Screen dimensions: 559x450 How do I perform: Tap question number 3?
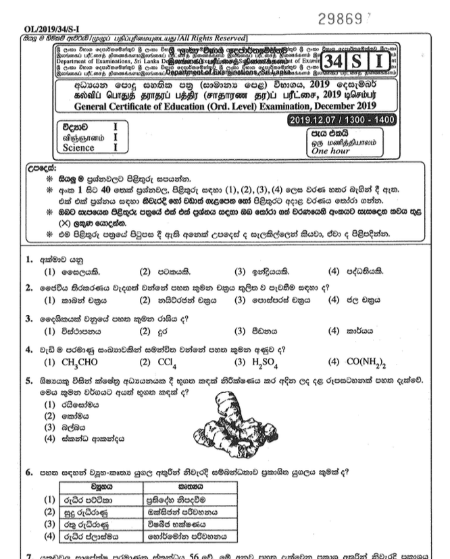pyautogui.click(x=30, y=318)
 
